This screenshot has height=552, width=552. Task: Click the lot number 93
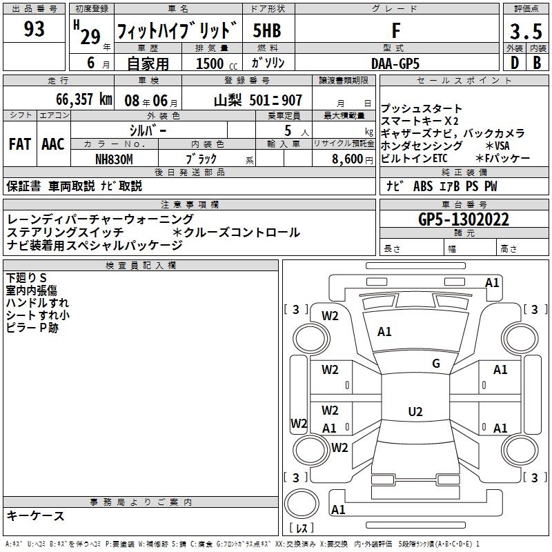[x=34, y=30]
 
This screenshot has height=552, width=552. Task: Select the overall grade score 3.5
[x=525, y=32]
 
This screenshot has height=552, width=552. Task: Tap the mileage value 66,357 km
[x=76, y=99]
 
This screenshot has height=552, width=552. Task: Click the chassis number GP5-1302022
[x=464, y=220]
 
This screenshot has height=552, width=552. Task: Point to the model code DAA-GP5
[x=395, y=63]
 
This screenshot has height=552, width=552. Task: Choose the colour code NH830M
[x=115, y=158]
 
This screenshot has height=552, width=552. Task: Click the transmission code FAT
[x=19, y=144]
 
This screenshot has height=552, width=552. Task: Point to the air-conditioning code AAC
[x=53, y=144]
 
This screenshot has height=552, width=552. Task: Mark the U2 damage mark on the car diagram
[x=415, y=412]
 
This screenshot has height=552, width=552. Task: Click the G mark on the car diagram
[x=435, y=364]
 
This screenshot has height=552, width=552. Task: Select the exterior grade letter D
[x=513, y=63]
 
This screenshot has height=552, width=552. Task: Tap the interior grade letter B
[x=537, y=63]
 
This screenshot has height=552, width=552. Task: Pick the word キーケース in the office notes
[x=36, y=515]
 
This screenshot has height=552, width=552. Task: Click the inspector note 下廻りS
[x=26, y=278]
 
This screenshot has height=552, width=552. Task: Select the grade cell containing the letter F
[x=395, y=31]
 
